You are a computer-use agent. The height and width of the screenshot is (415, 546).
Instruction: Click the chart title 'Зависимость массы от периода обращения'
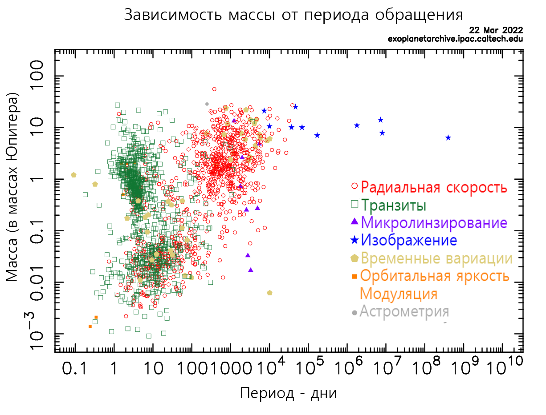(293, 15)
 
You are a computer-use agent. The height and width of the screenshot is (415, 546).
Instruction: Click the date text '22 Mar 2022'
(496, 30)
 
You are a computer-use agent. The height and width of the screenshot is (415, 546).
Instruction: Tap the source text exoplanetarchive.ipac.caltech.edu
(455, 39)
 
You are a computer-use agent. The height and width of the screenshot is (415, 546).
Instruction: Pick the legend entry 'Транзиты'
(393, 205)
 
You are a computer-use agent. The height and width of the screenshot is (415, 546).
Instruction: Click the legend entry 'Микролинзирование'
(434, 222)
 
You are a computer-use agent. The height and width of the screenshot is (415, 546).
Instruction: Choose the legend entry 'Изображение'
(409, 240)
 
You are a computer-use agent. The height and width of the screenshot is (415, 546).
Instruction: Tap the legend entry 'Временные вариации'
(436, 258)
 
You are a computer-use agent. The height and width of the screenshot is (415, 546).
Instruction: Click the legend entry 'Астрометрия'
(404, 311)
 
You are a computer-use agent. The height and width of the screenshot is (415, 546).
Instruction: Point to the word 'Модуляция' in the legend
(398, 294)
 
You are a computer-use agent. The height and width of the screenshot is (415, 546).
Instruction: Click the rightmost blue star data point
(448, 137)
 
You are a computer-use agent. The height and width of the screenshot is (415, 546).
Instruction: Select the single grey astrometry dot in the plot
(207, 104)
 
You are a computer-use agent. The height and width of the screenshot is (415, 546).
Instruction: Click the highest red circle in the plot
(214, 89)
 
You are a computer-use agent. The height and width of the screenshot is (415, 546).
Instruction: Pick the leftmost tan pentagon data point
(73, 175)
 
